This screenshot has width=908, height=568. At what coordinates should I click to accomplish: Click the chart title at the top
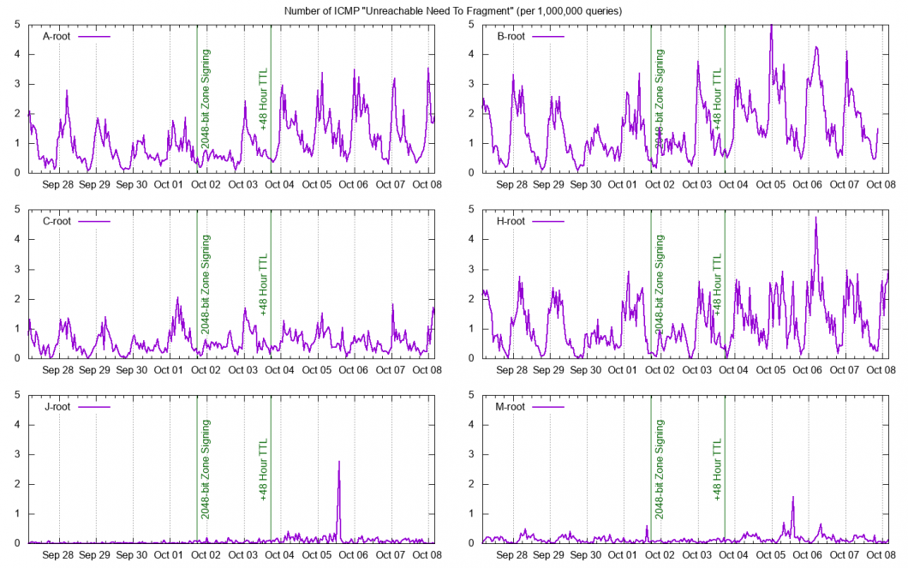click(x=454, y=10)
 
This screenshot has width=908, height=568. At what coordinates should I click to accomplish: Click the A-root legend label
click(x=57, y=37)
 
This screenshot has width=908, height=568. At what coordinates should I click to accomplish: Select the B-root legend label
click(x=511, y=37)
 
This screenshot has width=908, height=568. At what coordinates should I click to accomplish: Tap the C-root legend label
click(x=57, y=222)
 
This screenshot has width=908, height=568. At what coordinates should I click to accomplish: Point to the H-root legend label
click(x=511, y=222)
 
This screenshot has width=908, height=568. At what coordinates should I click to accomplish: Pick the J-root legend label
click(x=57, y=407)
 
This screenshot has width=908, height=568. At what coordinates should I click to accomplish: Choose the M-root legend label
click(x=511, y=407)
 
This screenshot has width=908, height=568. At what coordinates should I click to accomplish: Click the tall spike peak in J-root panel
click(x=339, y=462)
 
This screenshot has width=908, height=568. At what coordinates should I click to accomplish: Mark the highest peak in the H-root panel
click(x=815, y=218)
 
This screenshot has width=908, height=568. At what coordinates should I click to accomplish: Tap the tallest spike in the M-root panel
click(x=793, y=497)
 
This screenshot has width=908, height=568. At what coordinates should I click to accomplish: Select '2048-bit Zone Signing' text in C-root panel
click(x=206, y=284)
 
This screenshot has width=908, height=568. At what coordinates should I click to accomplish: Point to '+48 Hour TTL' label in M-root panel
click(x=718, y=469)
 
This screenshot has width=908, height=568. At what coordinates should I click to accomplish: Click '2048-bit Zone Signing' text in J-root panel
click(x=206, y=469)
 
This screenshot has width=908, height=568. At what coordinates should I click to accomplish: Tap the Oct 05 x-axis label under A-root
click(x=316, y=184)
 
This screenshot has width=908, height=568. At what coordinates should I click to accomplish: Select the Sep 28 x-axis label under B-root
click(x=511, y=184)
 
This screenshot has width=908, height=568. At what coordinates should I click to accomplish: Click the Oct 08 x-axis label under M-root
click(x=881, y=554)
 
